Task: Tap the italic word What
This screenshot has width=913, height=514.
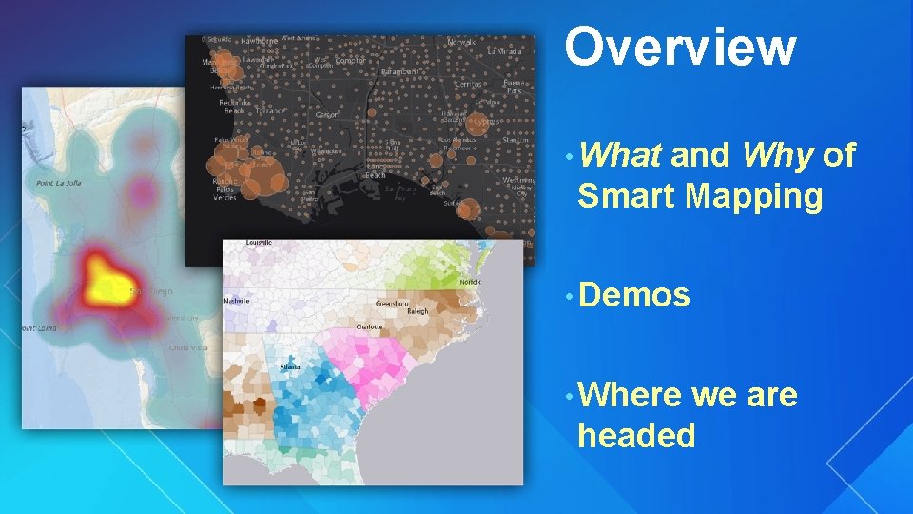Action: tap(619, 154)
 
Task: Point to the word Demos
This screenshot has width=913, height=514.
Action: tap(633, 296)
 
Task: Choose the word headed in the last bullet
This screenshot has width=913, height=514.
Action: tap(636, 436)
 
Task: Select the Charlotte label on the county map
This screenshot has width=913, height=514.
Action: tap(369, 326)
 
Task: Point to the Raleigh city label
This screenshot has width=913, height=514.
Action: tap(418, 311)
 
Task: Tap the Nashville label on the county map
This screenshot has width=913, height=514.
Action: tap(237, 301)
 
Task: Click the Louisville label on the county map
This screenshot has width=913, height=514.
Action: tap(259, 243)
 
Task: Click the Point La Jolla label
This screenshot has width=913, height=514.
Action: tap(56, 183)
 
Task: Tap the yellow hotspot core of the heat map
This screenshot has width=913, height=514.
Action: tap(105, 282)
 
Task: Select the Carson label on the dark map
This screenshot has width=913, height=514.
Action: tap(325, 115)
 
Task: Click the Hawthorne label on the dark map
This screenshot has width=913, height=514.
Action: tap(260, 42)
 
